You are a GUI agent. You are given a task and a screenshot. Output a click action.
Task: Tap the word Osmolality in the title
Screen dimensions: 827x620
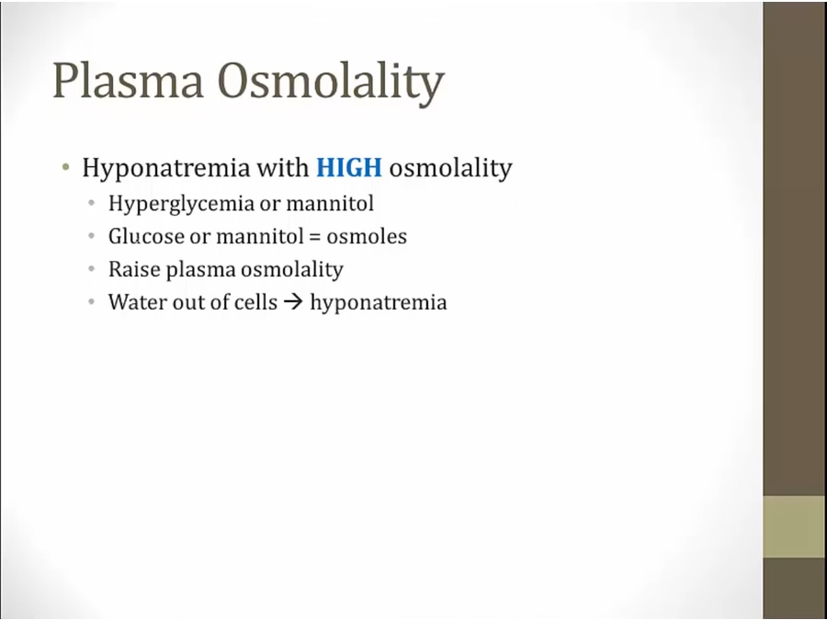coord(331,83)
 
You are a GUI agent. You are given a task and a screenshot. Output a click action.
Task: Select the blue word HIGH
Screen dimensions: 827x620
coord(349,168)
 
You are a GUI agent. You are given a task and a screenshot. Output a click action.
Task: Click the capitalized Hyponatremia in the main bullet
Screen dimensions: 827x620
coord(165,169)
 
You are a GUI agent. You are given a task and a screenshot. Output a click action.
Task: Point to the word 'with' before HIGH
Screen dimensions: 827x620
coord(283,168)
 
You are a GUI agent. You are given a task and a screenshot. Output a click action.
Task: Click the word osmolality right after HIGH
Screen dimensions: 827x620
coord(451,169)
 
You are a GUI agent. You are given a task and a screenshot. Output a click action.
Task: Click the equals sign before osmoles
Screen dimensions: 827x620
coord(315,237)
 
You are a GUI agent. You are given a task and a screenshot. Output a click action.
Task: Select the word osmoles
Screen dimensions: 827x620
coord(367,236)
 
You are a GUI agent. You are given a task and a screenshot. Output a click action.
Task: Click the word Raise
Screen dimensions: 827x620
coord(134,269)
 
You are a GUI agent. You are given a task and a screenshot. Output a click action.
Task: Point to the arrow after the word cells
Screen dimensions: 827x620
coord(293,302)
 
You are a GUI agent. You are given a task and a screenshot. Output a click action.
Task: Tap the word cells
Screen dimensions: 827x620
coord(259,302)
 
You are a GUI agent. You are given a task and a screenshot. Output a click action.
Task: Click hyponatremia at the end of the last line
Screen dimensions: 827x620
coord(379,303)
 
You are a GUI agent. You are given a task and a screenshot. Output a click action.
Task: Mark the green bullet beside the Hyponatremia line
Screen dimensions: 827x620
coord(65,168)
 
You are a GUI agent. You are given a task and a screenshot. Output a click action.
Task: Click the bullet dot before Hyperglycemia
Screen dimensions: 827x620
coord(92,203)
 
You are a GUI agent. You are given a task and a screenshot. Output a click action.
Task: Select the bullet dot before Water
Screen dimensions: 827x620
coord(92,302)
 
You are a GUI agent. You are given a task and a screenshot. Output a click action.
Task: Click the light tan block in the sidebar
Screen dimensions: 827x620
coord(794,526)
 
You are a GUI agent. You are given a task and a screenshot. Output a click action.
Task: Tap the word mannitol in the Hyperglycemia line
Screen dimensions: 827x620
coord(330,203)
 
